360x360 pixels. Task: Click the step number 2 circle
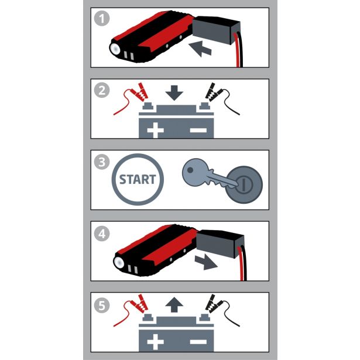coord(102,91)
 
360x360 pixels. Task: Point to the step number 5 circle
coord(102,304)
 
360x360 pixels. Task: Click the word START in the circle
coord(138,179)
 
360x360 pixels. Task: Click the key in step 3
coord(204,175)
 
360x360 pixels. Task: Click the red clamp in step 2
coord(140,91)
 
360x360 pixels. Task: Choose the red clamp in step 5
coord(140,304)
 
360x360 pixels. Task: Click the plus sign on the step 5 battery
coord(155,341)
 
